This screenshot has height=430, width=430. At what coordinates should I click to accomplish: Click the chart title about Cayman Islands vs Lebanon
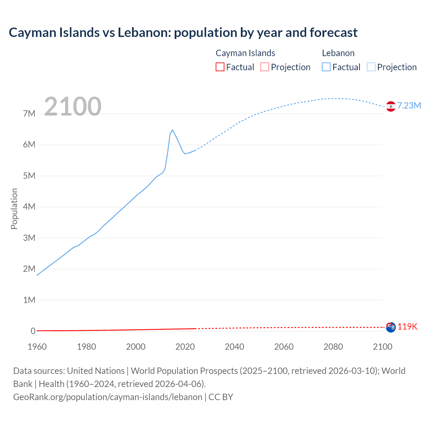[183, 33]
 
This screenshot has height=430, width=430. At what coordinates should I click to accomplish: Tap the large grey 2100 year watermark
[73, 106]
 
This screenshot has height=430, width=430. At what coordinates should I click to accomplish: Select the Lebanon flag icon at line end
[390, 106]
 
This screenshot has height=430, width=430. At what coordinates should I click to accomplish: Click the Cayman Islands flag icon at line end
[391, 327]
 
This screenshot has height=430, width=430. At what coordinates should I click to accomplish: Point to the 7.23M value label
[409, 106]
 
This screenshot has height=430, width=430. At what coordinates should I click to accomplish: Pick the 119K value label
[407, 327]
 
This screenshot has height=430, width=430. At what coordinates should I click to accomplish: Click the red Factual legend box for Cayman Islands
[220, 67]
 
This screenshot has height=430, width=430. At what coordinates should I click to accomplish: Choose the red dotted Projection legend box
[265, 67]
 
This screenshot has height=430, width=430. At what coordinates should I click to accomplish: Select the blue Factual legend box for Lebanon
[326, 67]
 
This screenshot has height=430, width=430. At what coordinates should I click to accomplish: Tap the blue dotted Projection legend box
[371, 67]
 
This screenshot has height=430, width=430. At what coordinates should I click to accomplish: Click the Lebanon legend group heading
[338, 53]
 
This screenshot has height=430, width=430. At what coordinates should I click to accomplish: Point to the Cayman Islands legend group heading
[245, 53]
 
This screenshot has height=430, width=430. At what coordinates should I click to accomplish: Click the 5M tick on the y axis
[29, 176]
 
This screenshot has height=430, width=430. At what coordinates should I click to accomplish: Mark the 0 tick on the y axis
[33, 331]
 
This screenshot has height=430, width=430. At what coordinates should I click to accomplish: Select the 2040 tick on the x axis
[234, 347]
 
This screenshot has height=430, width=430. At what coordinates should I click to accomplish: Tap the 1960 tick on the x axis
[37, 347]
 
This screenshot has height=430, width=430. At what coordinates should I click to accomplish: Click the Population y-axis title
[14, 209]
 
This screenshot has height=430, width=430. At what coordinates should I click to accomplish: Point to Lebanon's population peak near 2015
[172, 130]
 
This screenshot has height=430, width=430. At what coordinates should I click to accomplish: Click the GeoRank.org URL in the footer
[107, 397]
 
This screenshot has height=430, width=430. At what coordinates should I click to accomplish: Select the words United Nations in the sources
[96, 371]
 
